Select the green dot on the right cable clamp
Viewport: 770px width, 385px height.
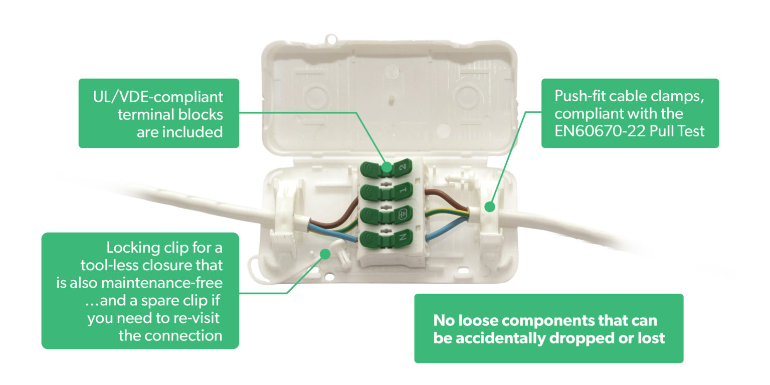click(x=490, y=206)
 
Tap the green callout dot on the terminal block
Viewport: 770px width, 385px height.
click(x=386, y=167)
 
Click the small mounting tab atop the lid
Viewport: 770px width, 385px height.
click(x=331, y=38)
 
